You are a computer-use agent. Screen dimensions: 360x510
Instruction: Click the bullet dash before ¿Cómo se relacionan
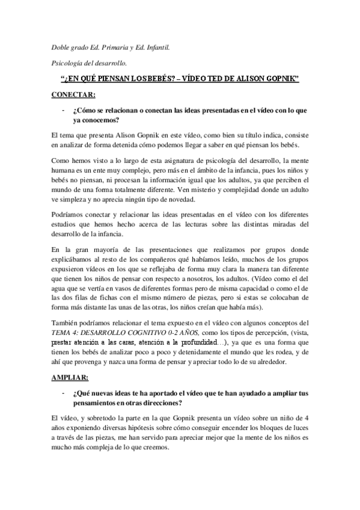coord(62,111)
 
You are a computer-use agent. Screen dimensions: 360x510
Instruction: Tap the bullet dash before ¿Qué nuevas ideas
coord(62,393)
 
